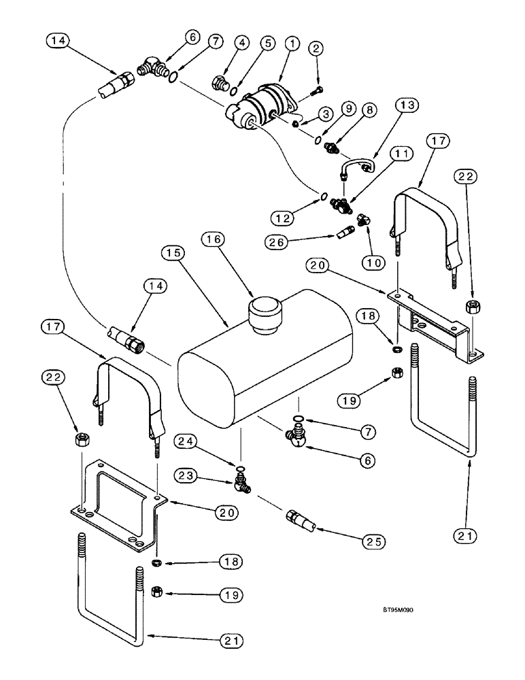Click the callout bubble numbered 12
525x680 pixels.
[284, 218]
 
